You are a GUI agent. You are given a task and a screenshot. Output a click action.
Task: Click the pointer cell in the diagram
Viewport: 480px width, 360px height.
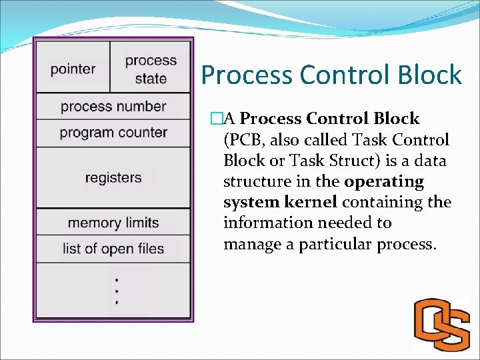coord(73,69)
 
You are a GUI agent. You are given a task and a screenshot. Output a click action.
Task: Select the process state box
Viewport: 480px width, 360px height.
coord(151,69)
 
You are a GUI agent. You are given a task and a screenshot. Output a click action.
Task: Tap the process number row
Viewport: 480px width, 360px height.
coord(113,107)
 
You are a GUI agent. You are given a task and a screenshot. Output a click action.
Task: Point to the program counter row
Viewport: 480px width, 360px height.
coord(113,133)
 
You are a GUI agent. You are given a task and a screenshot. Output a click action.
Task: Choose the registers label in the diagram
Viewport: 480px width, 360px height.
coord(113,178)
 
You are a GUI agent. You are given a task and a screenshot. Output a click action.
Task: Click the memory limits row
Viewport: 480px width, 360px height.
coord(113,223)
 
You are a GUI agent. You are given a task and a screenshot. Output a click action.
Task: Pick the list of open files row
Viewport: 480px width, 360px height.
coord(113,249)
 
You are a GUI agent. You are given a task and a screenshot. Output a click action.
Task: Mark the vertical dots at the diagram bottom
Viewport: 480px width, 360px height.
coord(117,291)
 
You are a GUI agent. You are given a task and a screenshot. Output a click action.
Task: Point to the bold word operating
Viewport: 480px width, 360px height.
coord(384,182)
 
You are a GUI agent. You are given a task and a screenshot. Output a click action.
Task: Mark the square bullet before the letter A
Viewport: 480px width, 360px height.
coord(215,119)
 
